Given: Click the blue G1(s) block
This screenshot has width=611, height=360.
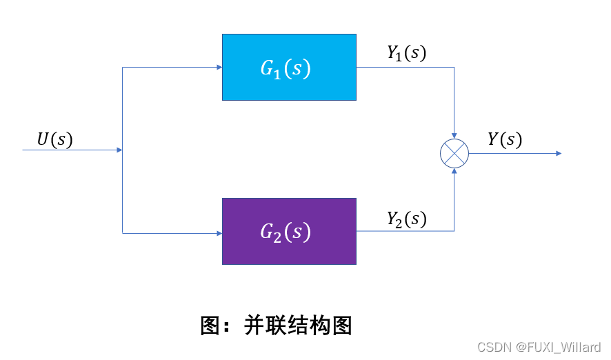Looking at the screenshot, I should tap(289, 67).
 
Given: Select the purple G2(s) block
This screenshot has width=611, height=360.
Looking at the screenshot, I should tap(289, 231).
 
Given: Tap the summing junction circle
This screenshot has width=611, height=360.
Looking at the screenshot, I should tap(454, 153).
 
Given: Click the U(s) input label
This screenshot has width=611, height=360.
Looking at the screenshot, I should tap(54, 139).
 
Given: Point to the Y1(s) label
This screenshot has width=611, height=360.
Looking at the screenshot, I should tap(406, 53).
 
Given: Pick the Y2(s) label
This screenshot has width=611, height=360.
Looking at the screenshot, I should tap(406, 219).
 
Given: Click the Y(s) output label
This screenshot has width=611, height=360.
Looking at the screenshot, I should tap(505, 139).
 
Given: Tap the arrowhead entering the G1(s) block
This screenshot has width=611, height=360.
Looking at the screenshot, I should tap(219, 68).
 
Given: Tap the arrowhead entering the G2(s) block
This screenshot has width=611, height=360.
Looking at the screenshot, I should tap(219, 233).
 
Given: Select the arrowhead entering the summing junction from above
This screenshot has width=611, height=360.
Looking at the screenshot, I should tap(454, 136).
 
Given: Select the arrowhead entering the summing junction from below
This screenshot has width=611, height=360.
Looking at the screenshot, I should tap(454, 170).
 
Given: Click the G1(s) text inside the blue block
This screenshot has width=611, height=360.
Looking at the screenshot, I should tap(285, 68).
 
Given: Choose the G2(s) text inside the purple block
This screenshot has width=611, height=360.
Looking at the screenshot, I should tap(285, 232).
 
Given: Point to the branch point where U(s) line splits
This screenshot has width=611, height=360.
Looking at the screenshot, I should tap(122, 150).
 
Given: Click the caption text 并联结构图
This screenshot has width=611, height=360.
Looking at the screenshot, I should tap(298, 325).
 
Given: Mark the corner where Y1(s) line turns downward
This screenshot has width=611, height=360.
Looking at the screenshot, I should tap(454, 68).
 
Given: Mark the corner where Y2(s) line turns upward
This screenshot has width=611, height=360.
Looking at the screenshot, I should tap(454, 230).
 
